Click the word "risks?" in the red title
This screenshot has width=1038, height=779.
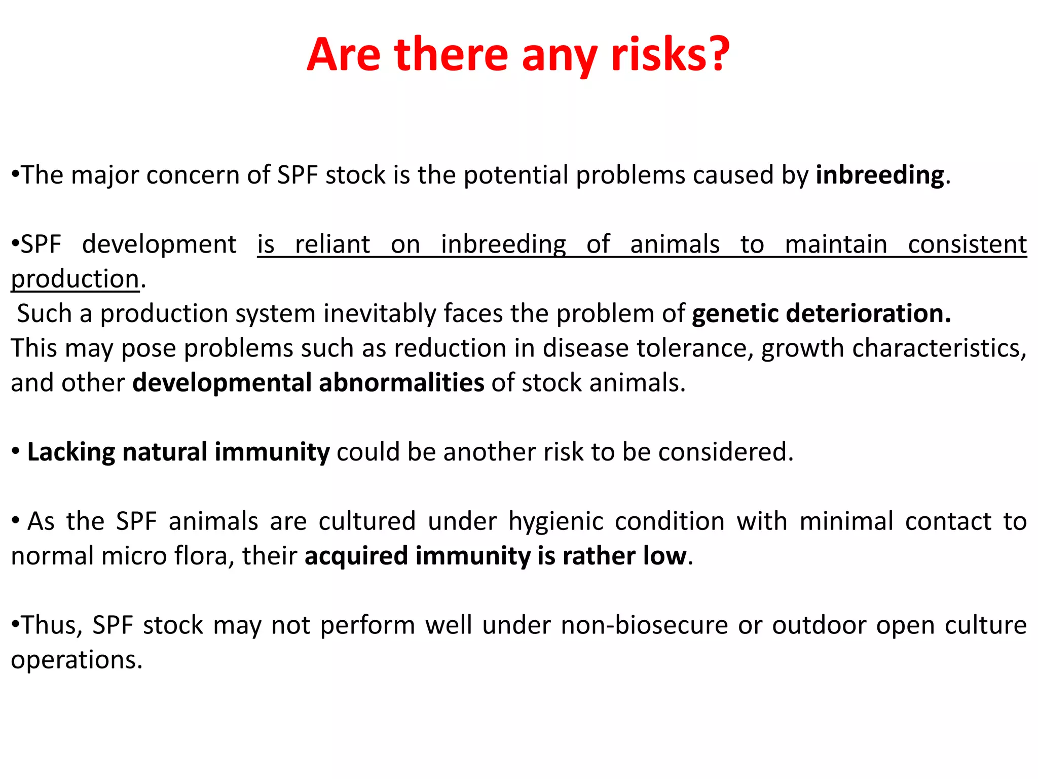pyautogui.click(x=670, y=54)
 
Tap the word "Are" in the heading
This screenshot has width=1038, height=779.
pyautogui.click(x=343, y=54)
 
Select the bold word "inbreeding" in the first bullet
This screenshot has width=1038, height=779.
pyautogui.click(x=880, y=175)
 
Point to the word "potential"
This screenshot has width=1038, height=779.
pyautogui.click(x=516, y=175)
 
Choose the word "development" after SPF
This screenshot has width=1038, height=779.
pyautogui.click(x=159, y=244)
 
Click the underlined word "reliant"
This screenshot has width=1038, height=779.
pyautogui.click(x=332, y=244)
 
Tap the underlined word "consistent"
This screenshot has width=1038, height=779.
pyautogui.click(x=967, y=244)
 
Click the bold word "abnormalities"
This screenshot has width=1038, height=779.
pyautogui.click(x=401, y=383)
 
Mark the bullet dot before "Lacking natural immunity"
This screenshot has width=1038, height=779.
pyautogui.click(x=16, y=451)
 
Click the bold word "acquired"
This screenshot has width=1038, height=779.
pyautogui.click(x=356, y=556)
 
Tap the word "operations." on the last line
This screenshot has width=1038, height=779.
pyautogui.click(x=77, y=660)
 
